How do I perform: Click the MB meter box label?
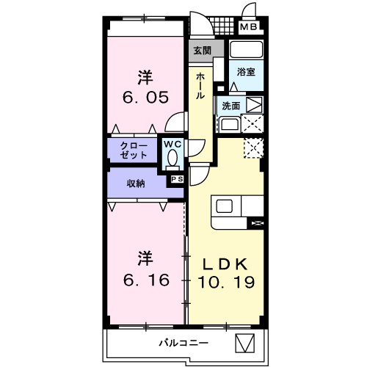pyautogui.click(x=250, y=29)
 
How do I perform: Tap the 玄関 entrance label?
pyautogui.click(x=201, y=51)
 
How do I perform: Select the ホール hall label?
pyautogui.click(x=200, y=87)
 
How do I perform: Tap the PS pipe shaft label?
pyautogui.click(x=177, y=178)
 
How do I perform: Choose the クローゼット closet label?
pyautogui.click(x=135, y=150)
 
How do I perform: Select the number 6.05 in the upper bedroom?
pyautogui.click(x=145, y=96)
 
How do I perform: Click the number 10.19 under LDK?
pyautogui.click(x=225, y=280)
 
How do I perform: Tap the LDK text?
pyautogui.click(x=225, y=263)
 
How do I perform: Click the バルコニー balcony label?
pyautogui.click(x=183, y=343)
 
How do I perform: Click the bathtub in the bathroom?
pyautogui.click(x=246, y=51)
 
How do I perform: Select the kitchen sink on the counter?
pyautogui.click(x=224, y=206)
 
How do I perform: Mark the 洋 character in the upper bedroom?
pyautogui.click(x=145, y=76)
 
